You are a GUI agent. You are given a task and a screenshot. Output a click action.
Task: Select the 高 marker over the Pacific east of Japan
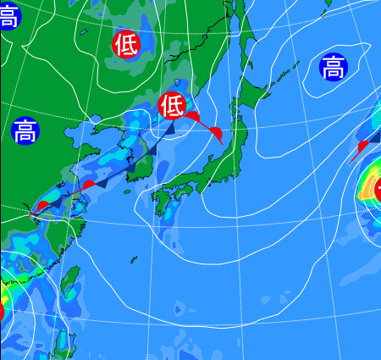(334, 66)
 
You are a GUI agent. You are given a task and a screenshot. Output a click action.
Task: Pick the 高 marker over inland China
(25, 131)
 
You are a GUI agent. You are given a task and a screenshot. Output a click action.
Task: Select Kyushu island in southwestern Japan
(160, 201)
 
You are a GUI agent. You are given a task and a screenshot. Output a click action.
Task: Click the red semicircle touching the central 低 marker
(192, 116)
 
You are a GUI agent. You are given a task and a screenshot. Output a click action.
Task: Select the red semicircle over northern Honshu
(216, 134)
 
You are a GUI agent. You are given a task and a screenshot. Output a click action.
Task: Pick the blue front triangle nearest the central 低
(170, 128)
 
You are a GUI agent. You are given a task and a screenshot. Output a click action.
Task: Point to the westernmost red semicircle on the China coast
(42, 207)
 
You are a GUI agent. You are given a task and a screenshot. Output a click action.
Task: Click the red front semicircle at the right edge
(362, 147)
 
